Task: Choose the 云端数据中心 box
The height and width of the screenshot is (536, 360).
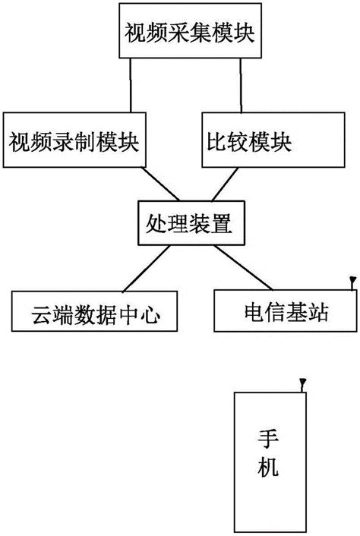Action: pyautogui.click(x=96, y=313)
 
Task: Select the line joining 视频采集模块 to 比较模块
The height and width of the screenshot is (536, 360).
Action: pyautogui.click(x=242, y=86)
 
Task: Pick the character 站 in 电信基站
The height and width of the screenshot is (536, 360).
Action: pyautogui.click(x=318, y=312)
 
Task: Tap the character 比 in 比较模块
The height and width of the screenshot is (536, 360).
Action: pyautogui.click(x=217, y=141)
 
